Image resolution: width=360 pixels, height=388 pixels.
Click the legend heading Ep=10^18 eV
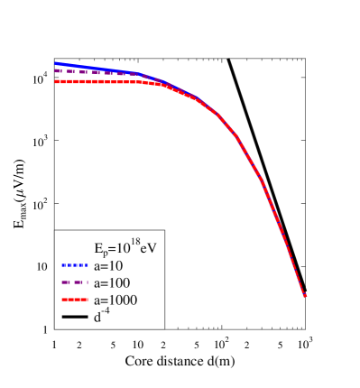(x=120, y=248)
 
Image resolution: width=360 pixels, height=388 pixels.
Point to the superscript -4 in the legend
(x=103, y=313)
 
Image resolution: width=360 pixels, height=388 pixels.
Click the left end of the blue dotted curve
(x=56, y=63)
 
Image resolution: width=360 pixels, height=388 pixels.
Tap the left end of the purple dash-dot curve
(x=56, y=70)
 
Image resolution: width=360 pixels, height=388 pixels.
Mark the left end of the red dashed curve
(x=56, y=81)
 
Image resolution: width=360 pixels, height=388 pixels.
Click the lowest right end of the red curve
(x=305, y=295)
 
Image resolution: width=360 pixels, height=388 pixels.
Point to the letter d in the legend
(x=96, y=318)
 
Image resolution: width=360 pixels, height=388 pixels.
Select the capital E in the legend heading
(x=98, y=248)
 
